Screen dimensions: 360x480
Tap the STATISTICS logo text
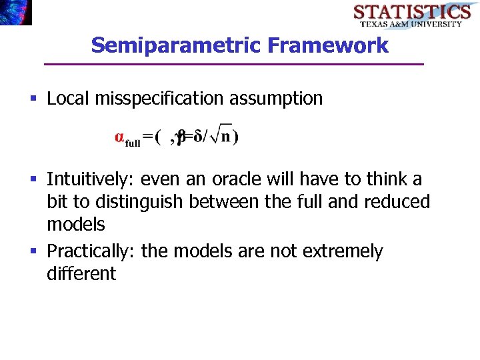pyautogui.click(x=412, y=12)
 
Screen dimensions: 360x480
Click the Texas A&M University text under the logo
pyautogui.click(x=411, y=24)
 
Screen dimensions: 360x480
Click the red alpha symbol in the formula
pyautogui.click(x=119, y=137)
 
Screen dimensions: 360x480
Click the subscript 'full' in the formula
pyautogui.click(x=133, y=143)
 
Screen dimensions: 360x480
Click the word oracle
pyautogui.click(x=236, y=179)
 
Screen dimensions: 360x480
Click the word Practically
pyautogui.click(x=91, y=251)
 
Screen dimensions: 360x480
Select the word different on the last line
pyautogui.click(x=81, y=273)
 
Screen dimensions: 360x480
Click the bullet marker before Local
pyautogui.click(x=33, y=99)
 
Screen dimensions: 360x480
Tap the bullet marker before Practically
pyautogui.click(x=33, y=252)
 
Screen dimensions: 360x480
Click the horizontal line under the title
pyautogui.click(x=233, y=64)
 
